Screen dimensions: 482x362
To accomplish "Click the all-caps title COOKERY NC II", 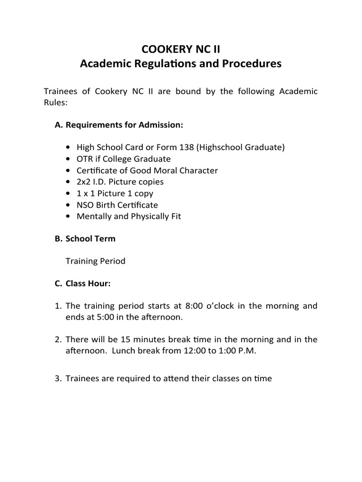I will (x=181, y=48).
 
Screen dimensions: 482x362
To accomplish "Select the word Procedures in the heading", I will (x=250, y=64).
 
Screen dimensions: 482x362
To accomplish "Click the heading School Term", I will (x=90, y=239).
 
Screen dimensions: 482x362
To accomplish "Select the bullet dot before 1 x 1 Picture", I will (x=70, y=193).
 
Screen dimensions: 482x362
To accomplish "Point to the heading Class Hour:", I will (x=88, y=284).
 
